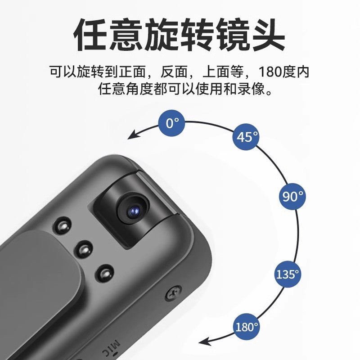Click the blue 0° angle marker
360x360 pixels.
pyautogui.click(x=172, y=122)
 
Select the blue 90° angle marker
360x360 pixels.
pyautogui.click(x=292, y=196)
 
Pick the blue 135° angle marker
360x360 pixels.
pyautogui.click(x=288, y=274)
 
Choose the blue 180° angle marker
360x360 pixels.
pyautogui.click(x=247, y=327)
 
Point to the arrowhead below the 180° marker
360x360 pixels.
pyautogui.click(x=205, y=341)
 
